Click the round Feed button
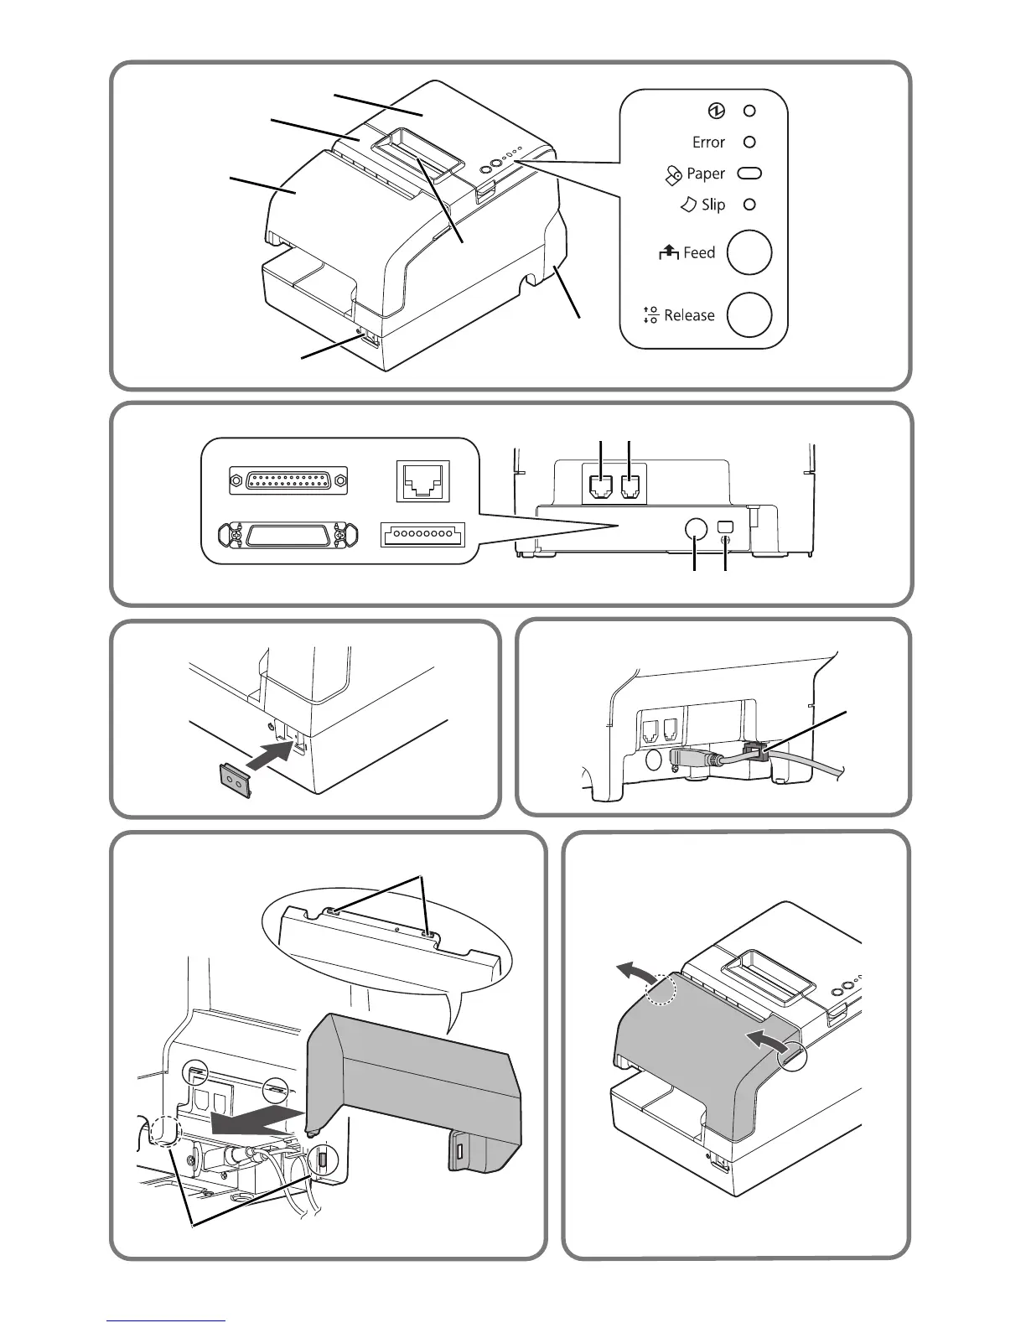click(749, 252)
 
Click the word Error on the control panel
click(708, 143)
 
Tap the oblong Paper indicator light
click(749, 174)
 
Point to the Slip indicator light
click(750, 205)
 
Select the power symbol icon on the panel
click(717, 111)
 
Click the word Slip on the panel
click(713, 205)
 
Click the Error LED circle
click(750, 143)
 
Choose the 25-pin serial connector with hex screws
click(288, 481)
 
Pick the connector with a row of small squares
click(422, 534)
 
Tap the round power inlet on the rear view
click(695, 528)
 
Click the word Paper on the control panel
click(705, 174)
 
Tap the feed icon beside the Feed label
click(669, 252)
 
